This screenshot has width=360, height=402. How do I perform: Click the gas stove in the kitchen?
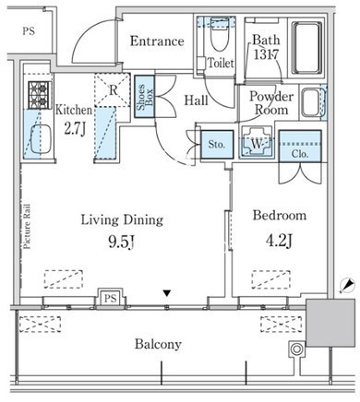40,95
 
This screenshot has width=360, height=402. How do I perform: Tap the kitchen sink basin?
41,139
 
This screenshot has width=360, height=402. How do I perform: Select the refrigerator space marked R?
113,90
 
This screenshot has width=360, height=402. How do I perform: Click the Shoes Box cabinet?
144,97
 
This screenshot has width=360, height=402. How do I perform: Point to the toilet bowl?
219,35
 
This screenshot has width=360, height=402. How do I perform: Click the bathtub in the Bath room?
307,48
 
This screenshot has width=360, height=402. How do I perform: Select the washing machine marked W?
257,143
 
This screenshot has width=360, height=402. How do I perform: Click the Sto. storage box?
217,145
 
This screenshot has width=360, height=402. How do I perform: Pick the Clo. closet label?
300,154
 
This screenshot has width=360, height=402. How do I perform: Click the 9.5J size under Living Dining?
122,242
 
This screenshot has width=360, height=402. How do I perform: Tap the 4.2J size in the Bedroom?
279,241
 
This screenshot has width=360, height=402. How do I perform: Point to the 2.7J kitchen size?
74,129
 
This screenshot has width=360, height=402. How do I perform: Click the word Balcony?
158,344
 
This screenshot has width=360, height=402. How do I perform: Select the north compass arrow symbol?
347,285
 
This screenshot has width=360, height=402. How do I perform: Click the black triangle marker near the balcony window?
166,293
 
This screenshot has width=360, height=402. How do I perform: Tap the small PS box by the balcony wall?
110,298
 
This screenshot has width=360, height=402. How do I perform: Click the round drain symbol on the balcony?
296,349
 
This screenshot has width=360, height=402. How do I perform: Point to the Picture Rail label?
27,226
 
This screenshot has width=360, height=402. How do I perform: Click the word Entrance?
157,41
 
